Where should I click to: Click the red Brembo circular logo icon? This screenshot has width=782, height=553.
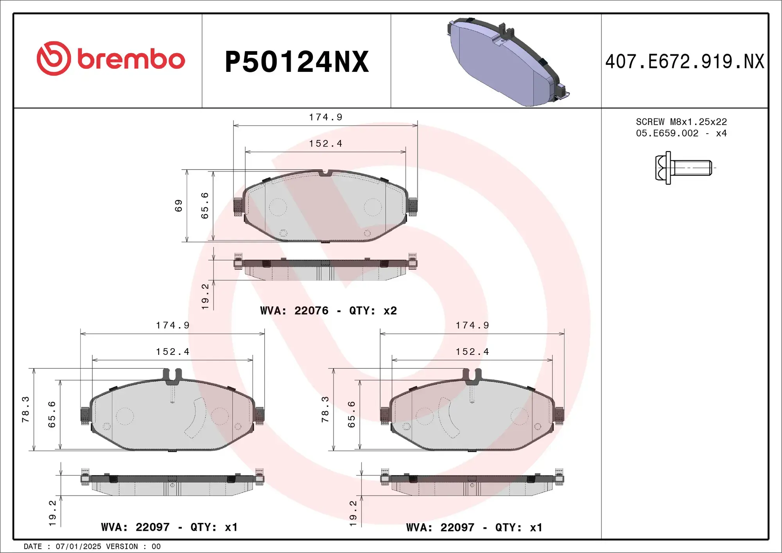54,59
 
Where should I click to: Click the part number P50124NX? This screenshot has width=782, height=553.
297,62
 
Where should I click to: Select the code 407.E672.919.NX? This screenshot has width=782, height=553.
684,62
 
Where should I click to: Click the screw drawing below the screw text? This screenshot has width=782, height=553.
683,168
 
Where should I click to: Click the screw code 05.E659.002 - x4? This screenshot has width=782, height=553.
681,133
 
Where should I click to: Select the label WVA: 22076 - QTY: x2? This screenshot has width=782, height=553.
328,311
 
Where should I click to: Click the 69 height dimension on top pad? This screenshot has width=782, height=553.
179,206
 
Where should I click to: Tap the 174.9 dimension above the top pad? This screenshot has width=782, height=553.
325,117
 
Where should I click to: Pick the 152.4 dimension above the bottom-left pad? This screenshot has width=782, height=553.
172,352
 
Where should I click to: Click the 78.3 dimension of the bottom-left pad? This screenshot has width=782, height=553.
26,409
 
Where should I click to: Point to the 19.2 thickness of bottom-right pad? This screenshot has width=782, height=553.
353,513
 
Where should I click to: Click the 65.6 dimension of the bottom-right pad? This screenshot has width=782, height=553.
352,414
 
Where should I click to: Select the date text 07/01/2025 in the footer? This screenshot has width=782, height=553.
78,546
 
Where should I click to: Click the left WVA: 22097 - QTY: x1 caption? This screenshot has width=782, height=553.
169,527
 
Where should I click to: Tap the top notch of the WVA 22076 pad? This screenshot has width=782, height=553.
325,172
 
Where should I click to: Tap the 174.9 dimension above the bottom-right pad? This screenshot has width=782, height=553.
472,325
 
